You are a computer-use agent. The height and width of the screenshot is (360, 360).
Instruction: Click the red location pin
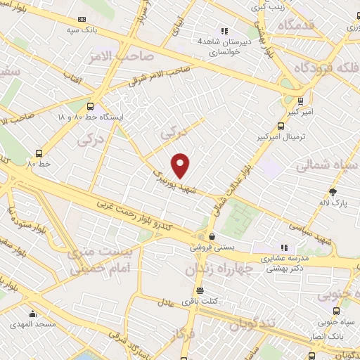[x=181, y=165]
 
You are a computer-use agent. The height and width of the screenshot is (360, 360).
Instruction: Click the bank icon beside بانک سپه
[x=82, y=19]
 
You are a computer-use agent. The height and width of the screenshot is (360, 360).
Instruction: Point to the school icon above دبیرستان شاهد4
[x=224, y=31]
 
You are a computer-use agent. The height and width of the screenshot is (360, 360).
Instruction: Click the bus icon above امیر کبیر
[x=300, y=101]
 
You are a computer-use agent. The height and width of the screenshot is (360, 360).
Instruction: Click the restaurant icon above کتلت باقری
[x=200, y=290]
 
